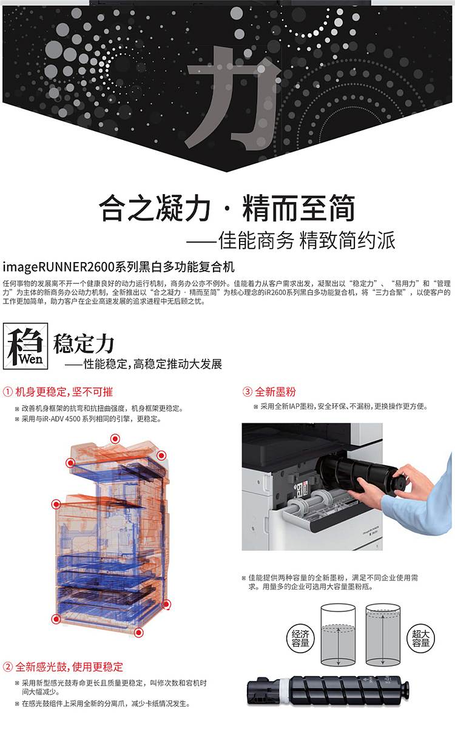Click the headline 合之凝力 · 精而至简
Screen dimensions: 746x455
[227, 208]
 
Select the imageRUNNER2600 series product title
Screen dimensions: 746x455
[118, 267]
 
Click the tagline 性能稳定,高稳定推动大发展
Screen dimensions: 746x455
[144, 364]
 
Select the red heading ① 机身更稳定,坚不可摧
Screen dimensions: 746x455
[58, 391]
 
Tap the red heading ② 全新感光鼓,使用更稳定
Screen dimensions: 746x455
[64, 667]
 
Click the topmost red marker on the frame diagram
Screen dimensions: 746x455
[115, 439]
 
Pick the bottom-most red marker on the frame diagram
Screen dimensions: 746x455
[139, 633]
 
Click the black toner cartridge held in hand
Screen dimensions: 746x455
[358, 473]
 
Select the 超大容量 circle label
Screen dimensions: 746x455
[421, 637]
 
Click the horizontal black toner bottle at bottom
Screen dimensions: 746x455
[328, 692]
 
